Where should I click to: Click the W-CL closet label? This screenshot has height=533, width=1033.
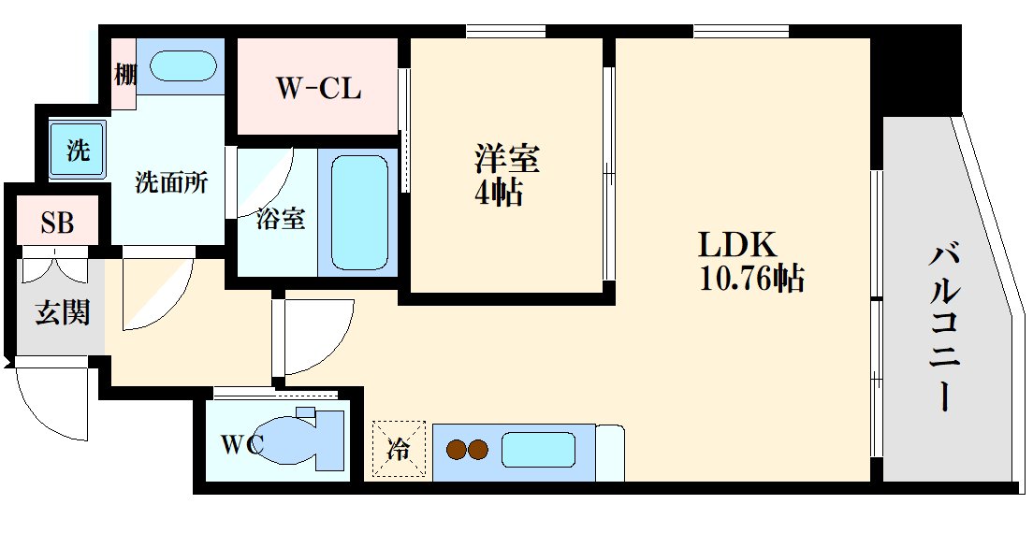318,89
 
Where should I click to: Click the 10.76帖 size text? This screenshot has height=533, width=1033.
751,279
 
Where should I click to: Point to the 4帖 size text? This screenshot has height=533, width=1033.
497,194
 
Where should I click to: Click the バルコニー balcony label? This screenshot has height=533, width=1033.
946,326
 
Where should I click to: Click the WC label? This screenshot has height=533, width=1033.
241,443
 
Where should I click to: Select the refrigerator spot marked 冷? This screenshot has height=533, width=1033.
399,450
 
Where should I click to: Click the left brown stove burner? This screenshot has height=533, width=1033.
457,451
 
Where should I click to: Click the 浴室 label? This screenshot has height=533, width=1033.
280,219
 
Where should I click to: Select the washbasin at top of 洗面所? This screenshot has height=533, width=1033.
183,68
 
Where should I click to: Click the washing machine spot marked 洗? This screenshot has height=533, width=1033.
78,150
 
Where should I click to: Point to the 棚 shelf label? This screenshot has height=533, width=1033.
124,74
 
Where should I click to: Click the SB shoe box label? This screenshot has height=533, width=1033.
56,223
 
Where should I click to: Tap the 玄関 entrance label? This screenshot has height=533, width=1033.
63,313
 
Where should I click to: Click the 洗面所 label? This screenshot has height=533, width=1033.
171,182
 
